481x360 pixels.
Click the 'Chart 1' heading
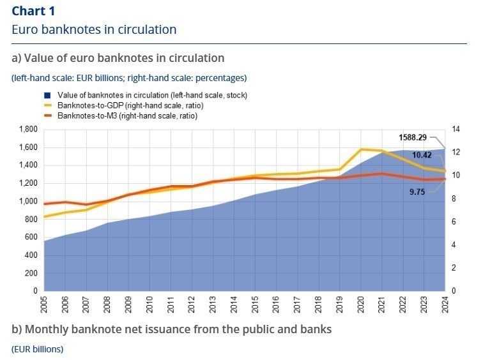(33, 11)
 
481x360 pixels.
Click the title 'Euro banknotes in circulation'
(94, 29)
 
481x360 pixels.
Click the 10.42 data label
(421, 154)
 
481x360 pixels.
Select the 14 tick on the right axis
(455, 130)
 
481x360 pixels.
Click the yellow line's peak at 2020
(362, 149)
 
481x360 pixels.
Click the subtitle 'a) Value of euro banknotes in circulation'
(118, 58)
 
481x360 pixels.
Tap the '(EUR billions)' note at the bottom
(37, 349)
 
